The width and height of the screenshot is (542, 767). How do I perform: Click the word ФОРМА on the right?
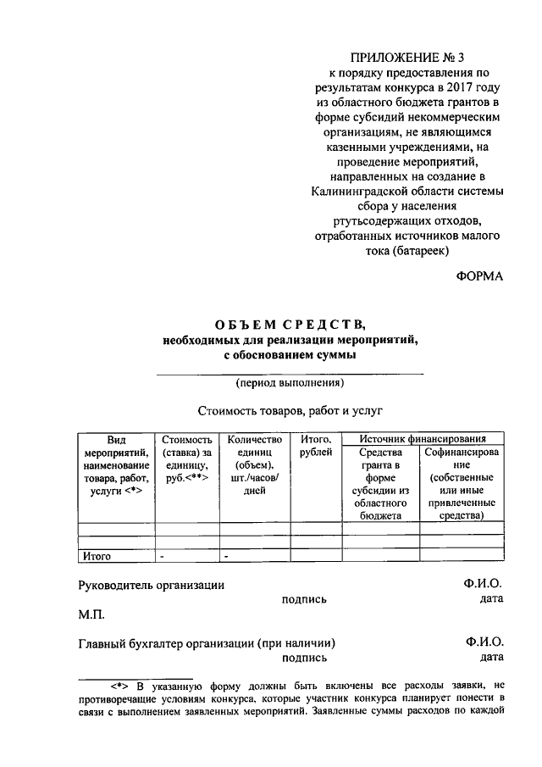[479, 276]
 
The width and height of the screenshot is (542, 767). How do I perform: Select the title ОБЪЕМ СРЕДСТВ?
[289, 325]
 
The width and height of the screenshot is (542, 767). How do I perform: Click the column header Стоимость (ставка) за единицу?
[185, 459]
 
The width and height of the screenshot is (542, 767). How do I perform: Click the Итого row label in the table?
[97, 557]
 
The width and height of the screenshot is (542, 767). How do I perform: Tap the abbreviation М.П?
[91, 614]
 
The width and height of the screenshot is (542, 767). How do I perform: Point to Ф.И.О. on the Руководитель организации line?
[484, 585]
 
